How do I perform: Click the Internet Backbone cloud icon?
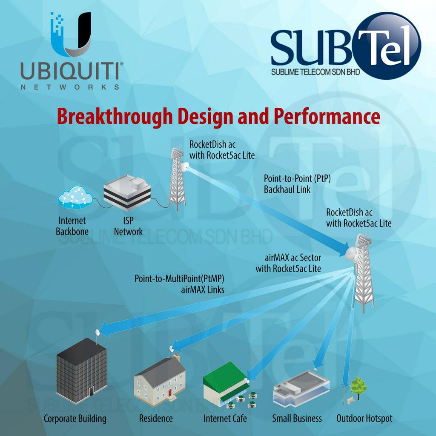click(75, 197)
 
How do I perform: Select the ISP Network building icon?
click(127, 193)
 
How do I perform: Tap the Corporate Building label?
click(75, 419)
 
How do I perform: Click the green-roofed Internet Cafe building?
click(226, 383)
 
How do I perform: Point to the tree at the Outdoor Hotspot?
click(358, 387)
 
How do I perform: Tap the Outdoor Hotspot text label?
click(364, 419)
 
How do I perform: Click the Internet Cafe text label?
click(225, 419)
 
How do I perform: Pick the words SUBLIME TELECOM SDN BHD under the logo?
click(316, 72)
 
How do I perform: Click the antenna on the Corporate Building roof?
click(98, 332)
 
